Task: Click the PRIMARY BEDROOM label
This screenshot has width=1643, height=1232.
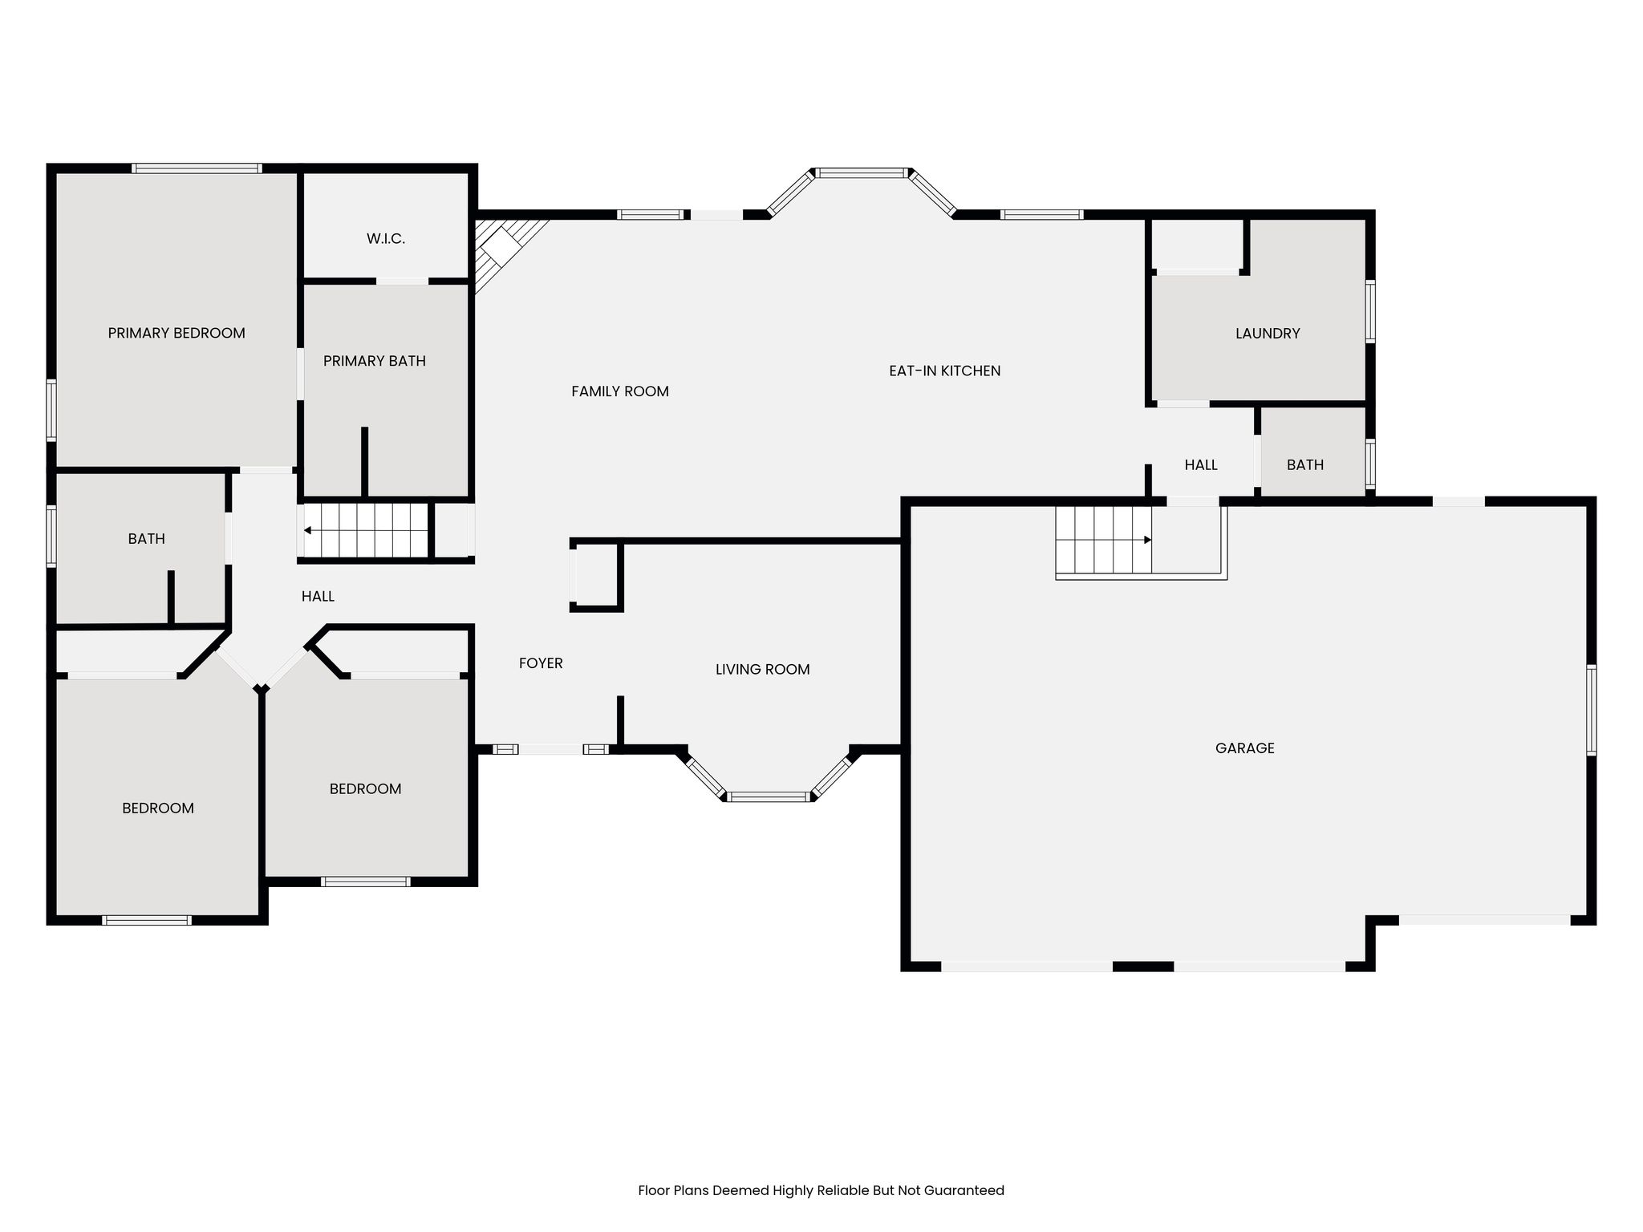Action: [176, 333]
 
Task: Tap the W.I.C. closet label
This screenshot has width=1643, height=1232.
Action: [386, 238]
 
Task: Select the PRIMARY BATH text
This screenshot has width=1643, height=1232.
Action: [375, 361]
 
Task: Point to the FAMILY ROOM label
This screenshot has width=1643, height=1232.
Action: [620, 391]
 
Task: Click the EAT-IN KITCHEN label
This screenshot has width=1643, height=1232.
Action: [945, 371]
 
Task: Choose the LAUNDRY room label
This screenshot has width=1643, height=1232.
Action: [1268, 333]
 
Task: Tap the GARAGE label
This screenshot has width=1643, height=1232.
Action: [1245, 748]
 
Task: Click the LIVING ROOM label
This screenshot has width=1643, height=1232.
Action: [763, 669]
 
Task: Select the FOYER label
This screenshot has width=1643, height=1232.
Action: [541, 663]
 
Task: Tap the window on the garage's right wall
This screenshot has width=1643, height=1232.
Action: [1592, 710]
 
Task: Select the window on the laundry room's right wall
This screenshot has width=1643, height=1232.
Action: [1370, 311]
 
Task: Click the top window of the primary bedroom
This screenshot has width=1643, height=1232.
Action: [197, 168]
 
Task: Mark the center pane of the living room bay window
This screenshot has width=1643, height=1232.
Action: [769, 796]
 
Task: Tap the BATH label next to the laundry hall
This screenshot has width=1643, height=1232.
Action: [1305, 464]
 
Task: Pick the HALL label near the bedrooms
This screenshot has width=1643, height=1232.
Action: [318, 596]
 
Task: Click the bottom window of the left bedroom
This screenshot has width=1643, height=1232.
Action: [147, 920]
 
